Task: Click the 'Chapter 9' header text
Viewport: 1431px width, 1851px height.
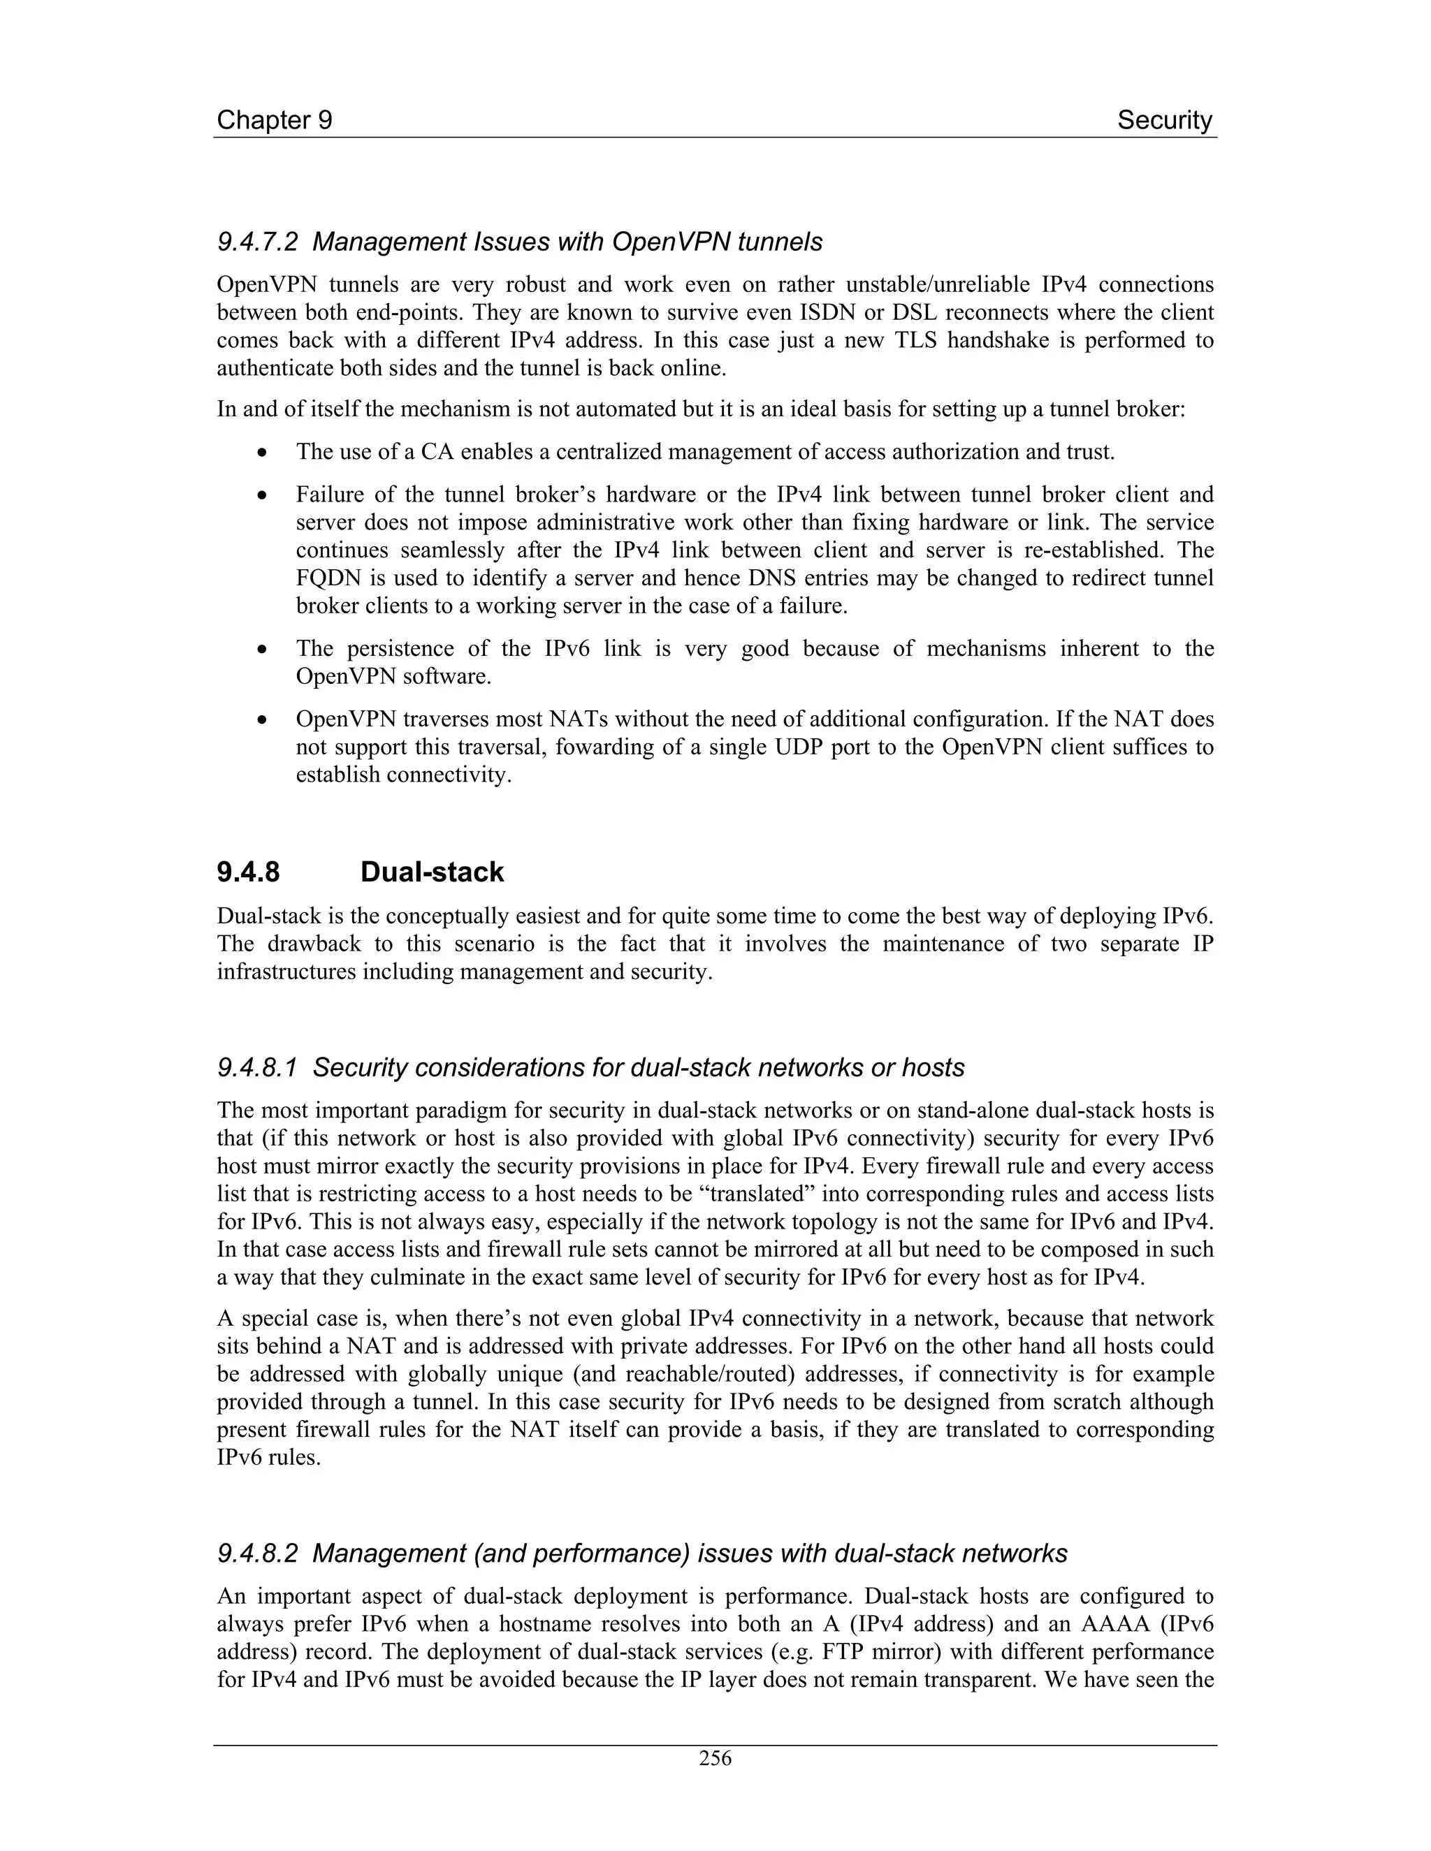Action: pyautogui.click(x=274, y=120)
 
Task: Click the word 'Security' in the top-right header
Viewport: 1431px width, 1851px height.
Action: pyautogui.click(x=1164, y=120)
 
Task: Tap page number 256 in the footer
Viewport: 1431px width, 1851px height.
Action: pyautogui.click(x=715, y=1758)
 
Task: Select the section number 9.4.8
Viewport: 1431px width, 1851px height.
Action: pyautogui.click(x=248, y=872)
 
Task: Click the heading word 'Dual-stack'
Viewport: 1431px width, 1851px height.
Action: pyautogui.click(x=432, y=872)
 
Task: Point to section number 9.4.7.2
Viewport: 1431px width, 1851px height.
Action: pyautogui.click(x=258, y=242)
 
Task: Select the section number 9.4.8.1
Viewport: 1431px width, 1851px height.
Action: pyautogui.click(x=258, y=1068)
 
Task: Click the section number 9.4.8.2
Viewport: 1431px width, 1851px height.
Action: pyautogui.click(x=258, y=1553)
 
